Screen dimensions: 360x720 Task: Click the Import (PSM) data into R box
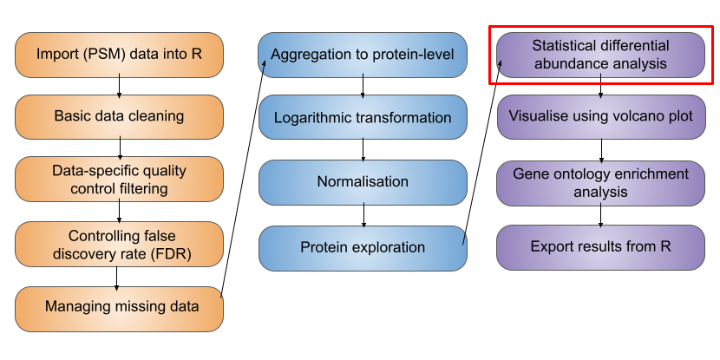point(119,54)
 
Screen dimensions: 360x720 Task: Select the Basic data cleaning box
point(119,116)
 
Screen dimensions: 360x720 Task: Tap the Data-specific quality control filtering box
point(119,179)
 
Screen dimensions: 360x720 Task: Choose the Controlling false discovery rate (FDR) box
point(119,243)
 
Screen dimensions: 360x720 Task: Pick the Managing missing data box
point(119,306)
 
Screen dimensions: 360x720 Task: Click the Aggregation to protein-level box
point(363,55)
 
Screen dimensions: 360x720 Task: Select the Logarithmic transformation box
point(363,117)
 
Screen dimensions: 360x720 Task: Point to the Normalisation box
point(363,182)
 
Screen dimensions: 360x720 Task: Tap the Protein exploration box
point(363,247)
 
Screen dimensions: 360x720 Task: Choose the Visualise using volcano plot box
point(600,116)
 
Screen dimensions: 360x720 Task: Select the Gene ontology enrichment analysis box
point(600,182)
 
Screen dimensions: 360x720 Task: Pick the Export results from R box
point(600,247)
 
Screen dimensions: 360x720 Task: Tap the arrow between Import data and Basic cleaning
point(119,85)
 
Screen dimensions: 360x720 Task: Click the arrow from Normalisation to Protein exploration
point(363,215)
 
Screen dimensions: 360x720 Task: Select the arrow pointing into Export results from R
point(600,215)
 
